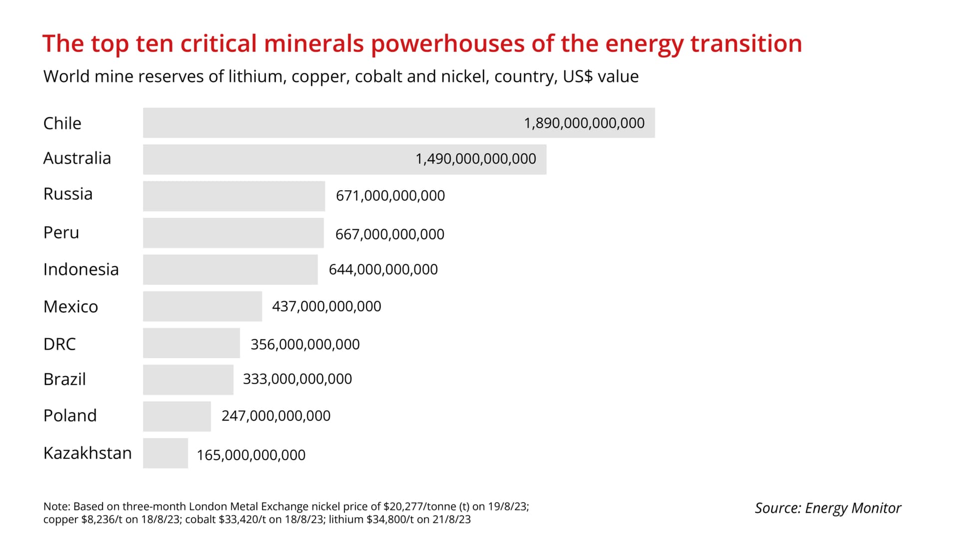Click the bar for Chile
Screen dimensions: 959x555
[x=399, y=123]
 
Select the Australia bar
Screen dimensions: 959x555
[x=345, y=159]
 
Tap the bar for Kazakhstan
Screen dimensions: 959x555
[x=165, y=453]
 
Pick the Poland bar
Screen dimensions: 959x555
[x=177, y=416]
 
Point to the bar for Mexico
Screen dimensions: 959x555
[x=202, y=306]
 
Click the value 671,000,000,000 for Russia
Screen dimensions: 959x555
[x=390, y=196]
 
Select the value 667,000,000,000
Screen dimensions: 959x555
[x=390, y=234]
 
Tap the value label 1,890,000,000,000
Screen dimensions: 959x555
[x=584, y=123]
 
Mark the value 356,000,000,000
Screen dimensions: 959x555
[x=305, y=344]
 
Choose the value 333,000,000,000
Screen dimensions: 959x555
[x=297, y=379]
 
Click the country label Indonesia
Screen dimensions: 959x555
[x=81, y=270]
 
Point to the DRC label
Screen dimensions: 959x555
[x=59, y=344]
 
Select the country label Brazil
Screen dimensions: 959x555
[x=64, y=379]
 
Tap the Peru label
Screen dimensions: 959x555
[x=61, y=233]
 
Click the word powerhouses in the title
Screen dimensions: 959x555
[x=448, y=44]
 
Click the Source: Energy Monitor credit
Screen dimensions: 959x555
[x=828, y=508]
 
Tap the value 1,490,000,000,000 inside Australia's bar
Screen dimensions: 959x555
[x=476, y=159]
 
